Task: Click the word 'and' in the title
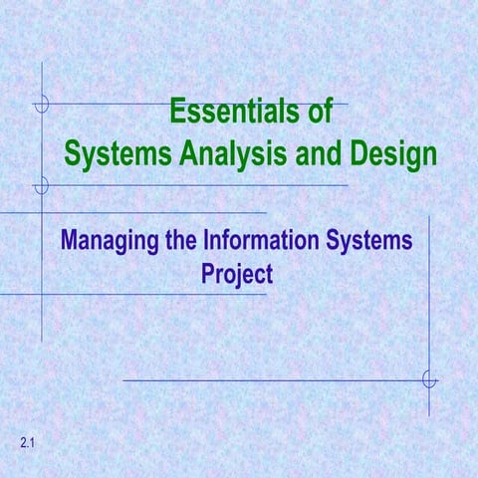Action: [322, 155]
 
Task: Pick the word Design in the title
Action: [394, 155]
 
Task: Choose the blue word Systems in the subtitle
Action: [367, 242]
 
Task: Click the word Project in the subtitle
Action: [237, 272]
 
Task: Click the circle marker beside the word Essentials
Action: [41, 104]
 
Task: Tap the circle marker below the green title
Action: [41, 185]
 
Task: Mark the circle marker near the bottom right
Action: [429, 379]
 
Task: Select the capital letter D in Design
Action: [359, 155]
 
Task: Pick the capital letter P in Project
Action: [209, 272]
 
